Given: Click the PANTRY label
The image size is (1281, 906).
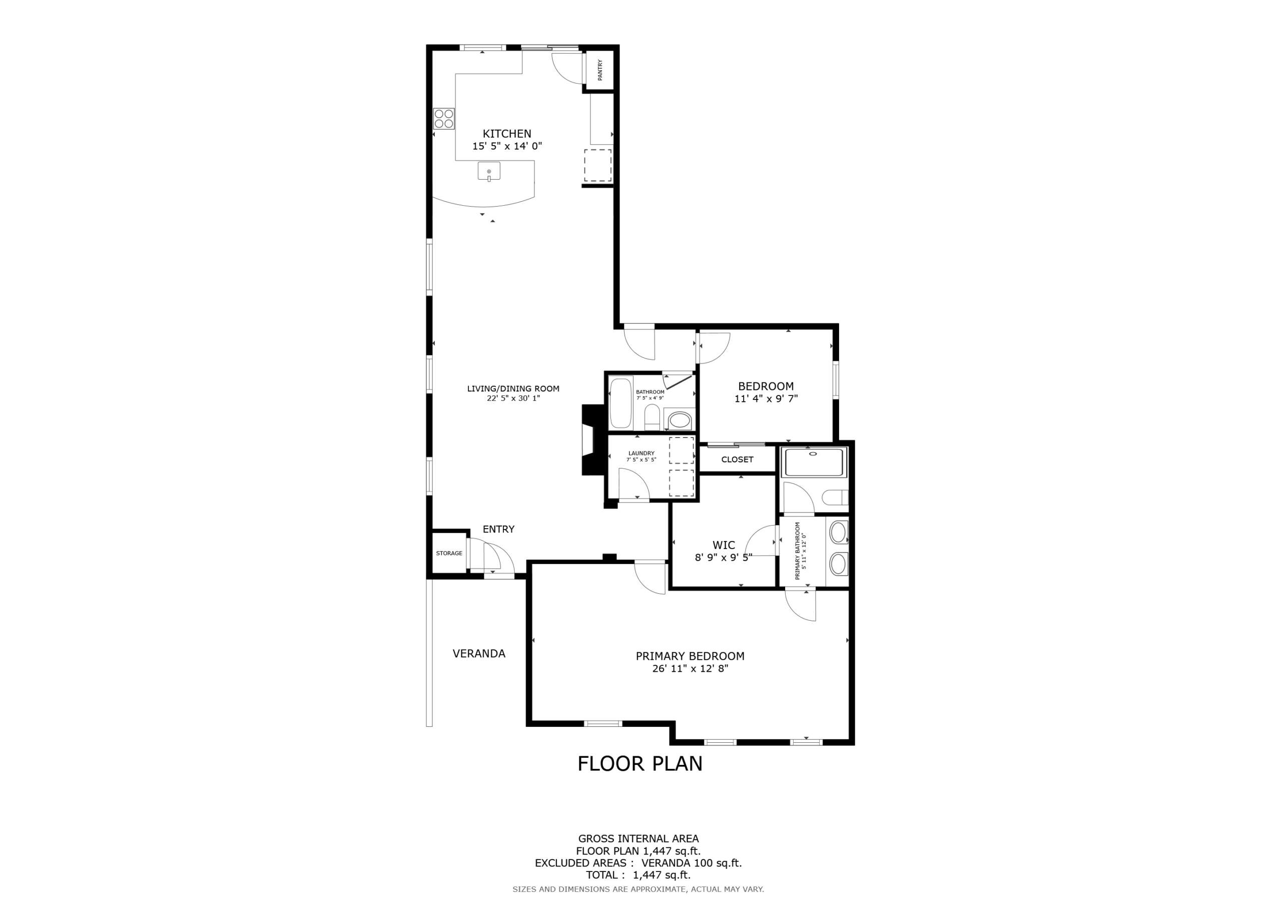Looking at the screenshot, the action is (x=600, y=71).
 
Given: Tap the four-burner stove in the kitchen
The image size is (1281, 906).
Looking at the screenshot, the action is (x=444, y=118).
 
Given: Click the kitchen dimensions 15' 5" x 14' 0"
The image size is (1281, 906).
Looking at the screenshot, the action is (x=507, y=146).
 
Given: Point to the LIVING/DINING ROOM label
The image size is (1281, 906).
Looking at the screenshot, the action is (x=513, y=388).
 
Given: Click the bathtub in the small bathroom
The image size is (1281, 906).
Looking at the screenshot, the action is (x=620, y=403).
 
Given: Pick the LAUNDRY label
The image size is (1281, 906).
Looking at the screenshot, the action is (x=641, y=454).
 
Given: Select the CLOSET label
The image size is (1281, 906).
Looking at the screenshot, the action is (x=737, y=460).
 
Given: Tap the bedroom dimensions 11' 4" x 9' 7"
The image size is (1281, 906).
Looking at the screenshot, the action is (x=766, y=398).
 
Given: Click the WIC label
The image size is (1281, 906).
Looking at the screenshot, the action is (x=724, y=545).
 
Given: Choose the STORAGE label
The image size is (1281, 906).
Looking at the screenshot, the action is (x=449, y=553).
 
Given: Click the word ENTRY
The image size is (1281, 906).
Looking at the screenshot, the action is (x=498, y=529).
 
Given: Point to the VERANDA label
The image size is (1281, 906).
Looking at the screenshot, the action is (x=479, y=653).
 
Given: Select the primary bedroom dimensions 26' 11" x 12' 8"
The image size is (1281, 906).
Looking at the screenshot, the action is (x=690, y=669).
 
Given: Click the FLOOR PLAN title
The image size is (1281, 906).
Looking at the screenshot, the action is (x=640, y=763).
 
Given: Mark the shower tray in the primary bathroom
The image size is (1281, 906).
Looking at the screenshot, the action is (x=815, y=462).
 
